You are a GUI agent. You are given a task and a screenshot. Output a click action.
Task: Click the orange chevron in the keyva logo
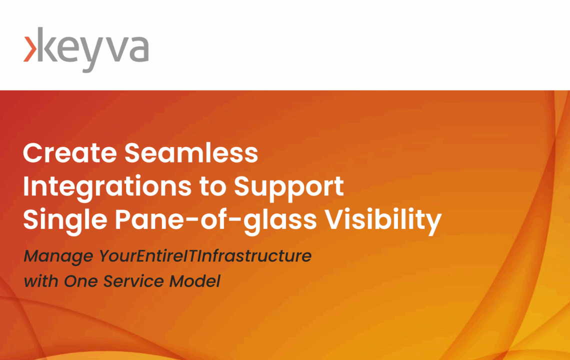coord(30,49)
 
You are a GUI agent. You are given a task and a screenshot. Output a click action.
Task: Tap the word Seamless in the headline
coord(191,152)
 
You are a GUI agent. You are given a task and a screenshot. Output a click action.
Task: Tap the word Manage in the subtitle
coord(58,256)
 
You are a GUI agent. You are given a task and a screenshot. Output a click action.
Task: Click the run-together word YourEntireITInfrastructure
coord(205,255)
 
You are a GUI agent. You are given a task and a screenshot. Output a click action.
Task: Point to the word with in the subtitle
coord(40,281)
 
